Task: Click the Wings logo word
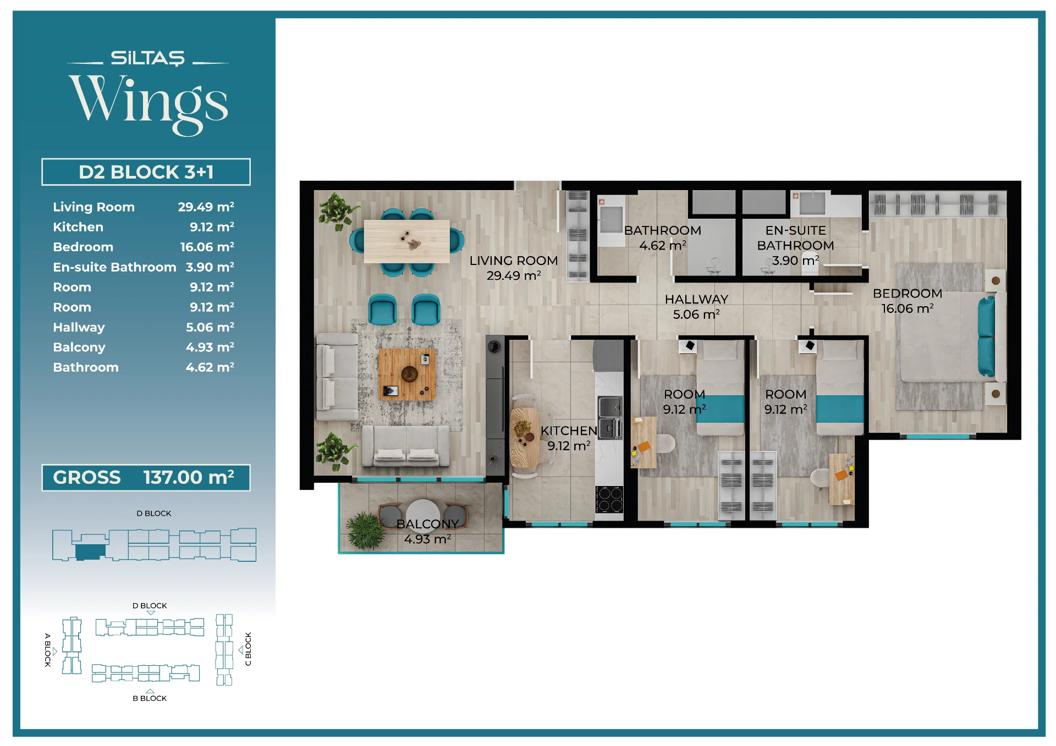[x=148, y=103]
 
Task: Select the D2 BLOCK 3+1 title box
[x=146, y=172]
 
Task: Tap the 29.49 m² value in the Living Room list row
[x=206, y=207]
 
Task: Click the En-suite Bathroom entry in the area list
[x=114, y=267]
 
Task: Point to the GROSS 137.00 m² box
[x=146, y=477]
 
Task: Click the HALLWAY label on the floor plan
[x=696, y=300]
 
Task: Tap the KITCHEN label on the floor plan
[x=569, y=430]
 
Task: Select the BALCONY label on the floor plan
[x=427, y=524]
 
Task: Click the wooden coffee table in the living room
[x=407, y=374]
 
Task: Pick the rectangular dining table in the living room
[x=407, y=241]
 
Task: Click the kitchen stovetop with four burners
[x=609, y=500]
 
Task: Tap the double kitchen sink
[x=610, y=418]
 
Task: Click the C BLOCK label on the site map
[x=248, y=649]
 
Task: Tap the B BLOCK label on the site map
[x=150, y=698]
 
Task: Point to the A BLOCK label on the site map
[x=47, y=650]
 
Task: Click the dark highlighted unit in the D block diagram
[x=90, y=552]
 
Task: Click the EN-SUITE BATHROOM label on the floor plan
[x=795, y=238]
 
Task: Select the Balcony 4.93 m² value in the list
[x=210, y=347]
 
